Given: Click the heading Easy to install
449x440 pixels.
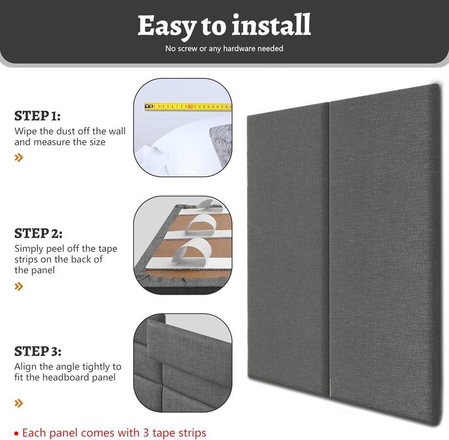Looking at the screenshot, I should (224, 25).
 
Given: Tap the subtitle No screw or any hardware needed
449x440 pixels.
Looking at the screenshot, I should (224, 48).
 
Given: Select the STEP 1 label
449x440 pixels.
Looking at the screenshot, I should (37, 116).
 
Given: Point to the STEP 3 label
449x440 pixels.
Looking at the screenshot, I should (38, 351).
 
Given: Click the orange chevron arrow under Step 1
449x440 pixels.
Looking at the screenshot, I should (19, 158).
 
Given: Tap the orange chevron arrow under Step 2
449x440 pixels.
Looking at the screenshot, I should (19, 286).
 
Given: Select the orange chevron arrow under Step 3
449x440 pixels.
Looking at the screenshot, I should (19, 403).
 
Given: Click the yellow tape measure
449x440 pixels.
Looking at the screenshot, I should (187, 106).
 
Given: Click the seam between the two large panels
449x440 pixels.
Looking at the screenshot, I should (329, 248).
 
